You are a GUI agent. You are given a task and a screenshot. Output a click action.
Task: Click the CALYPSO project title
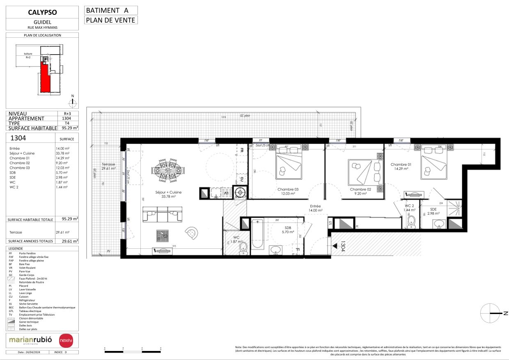[42, 12]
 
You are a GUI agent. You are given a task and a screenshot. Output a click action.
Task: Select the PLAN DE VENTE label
[110, 20]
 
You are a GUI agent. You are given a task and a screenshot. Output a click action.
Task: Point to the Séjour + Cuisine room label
[168, 194]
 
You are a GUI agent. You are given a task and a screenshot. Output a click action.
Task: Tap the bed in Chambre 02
[360, 173]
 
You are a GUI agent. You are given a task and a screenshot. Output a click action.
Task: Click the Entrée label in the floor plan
[315, 208]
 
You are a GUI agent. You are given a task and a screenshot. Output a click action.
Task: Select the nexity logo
[66, 340]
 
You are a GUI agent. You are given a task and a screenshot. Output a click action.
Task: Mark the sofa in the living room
[163, 214]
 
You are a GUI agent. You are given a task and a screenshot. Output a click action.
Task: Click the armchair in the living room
[192, 233]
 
